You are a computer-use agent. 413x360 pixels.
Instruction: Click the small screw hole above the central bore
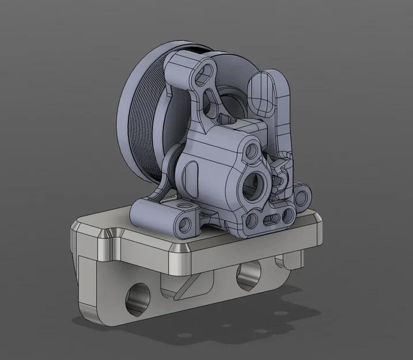point(252,151)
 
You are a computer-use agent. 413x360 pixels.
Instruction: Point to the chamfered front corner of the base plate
point(183,248)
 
